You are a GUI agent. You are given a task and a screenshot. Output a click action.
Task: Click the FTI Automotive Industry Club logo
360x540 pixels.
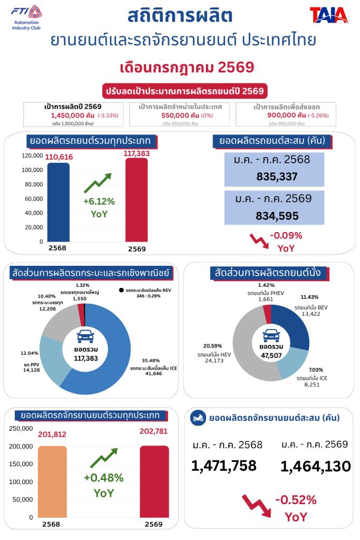click(26, 17)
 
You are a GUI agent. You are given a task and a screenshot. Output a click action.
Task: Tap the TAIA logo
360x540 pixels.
click(329, 15)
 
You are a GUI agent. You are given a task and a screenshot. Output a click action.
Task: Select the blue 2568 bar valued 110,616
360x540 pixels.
click(59, 202)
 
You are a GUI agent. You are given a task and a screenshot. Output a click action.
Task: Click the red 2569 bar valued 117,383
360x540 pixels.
click(137, 200)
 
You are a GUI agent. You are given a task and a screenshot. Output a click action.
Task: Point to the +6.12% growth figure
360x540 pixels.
click(99, 201)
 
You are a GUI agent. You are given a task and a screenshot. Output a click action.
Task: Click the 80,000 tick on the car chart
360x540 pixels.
click(34, 184)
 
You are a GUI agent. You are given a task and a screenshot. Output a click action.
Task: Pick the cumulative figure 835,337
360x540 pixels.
click(277, 177)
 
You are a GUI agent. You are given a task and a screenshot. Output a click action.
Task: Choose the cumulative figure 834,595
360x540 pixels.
click(277, 216)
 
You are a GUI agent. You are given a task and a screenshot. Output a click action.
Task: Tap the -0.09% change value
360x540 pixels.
click(286, 236)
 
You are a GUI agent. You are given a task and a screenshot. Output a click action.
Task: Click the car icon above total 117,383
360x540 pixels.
click(85, 336)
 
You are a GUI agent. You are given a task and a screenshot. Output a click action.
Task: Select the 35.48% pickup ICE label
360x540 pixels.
click(151, 361)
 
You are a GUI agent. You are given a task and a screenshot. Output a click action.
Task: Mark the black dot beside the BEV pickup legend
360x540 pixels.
click(121, 290)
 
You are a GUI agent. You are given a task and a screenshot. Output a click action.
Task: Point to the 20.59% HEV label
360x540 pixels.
click(212, 346)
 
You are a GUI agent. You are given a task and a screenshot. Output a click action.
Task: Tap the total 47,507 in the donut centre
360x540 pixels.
click(271, 355)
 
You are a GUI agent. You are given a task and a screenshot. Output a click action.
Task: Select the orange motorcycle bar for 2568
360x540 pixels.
click(52, 481)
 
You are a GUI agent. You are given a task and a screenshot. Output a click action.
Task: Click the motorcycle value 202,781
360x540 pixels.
click(153, 431)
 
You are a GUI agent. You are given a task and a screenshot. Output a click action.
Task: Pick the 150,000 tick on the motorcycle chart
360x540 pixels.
click(21, 464)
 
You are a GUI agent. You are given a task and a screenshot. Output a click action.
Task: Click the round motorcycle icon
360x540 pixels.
click(198, 418)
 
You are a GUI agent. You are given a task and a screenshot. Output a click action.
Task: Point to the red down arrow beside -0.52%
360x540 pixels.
click(257, 506)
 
